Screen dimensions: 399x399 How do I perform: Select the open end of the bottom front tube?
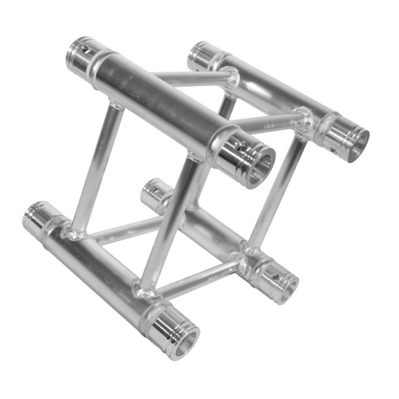[187, 343]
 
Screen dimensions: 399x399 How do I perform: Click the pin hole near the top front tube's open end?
[240, 146]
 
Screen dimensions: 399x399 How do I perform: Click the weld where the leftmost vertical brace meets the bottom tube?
[75, 232]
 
